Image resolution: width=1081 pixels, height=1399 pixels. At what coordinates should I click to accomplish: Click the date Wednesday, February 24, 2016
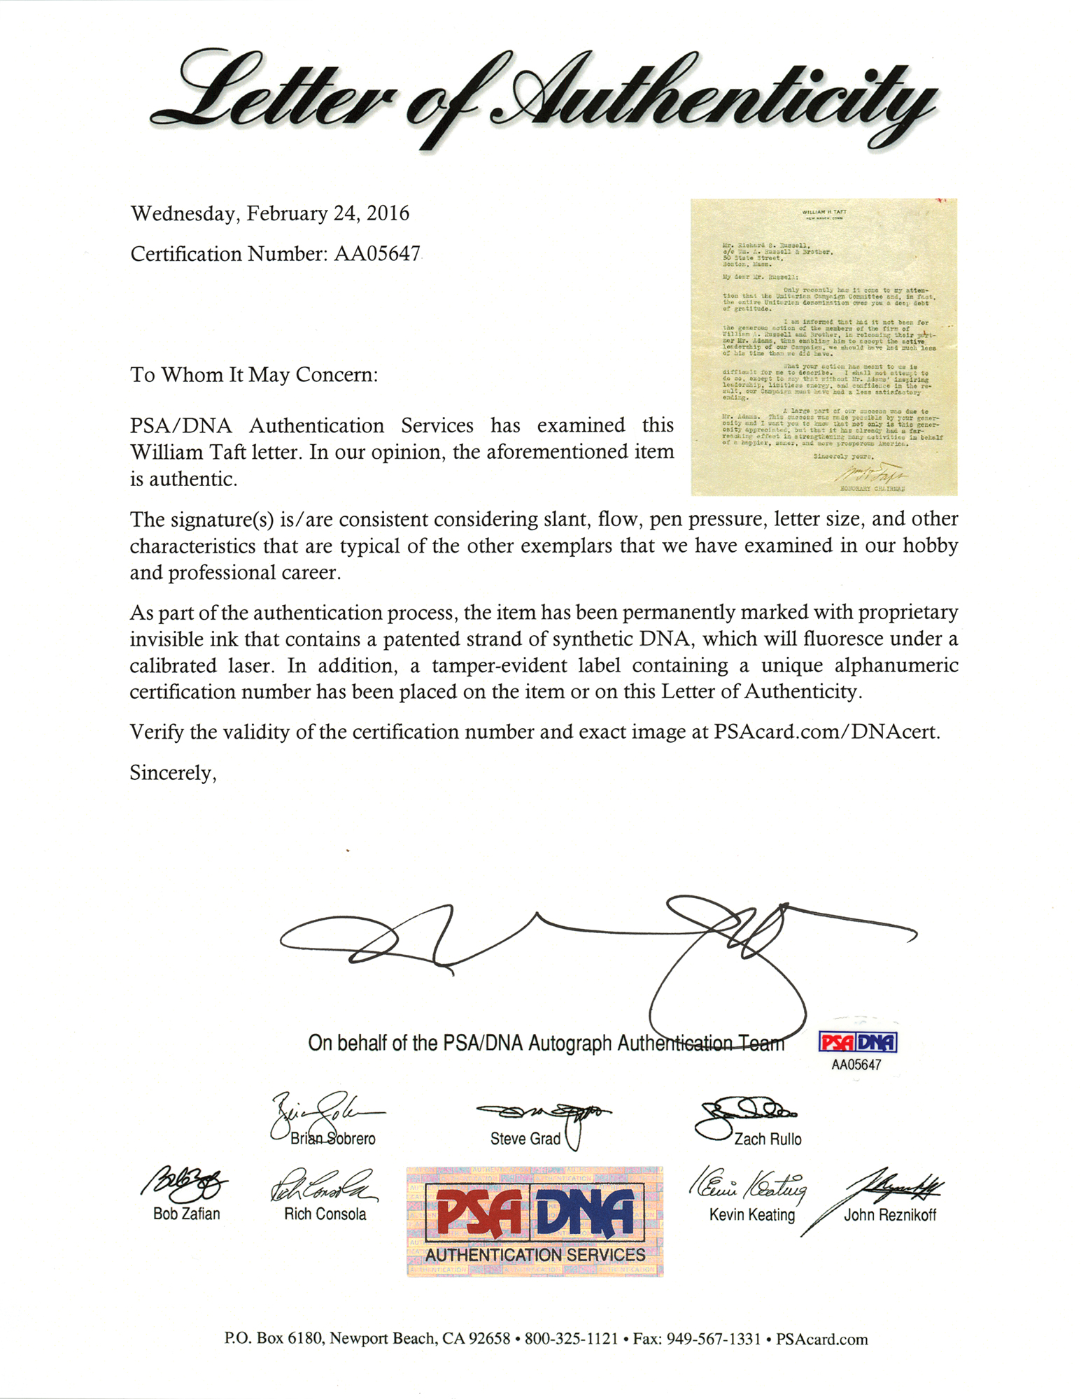(270, 213)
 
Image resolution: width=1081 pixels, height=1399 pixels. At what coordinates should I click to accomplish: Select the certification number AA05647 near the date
(376, 253)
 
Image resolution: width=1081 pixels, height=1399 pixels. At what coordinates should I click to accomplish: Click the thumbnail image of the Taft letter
(824, 347)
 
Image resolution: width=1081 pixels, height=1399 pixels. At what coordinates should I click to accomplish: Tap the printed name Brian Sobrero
(333, 1139)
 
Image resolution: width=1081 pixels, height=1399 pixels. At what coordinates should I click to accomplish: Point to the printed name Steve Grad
(525, 1139)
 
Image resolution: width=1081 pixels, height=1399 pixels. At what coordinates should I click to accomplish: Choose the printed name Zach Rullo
(768, 1139)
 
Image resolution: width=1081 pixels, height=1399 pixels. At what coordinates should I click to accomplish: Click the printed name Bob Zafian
(186, 1214)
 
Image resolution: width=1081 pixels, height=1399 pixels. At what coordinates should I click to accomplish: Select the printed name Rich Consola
(325, 1214)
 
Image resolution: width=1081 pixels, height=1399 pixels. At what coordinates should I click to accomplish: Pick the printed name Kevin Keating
(752, 1214)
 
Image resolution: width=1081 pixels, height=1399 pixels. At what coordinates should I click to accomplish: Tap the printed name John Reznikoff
(889, 1214)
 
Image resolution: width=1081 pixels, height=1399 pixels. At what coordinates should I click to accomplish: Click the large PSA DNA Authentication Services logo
(535, 1221)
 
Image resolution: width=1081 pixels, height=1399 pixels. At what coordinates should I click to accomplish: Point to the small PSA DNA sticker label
(857, 1043)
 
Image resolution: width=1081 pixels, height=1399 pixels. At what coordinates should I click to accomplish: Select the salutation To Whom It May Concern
(254, 375)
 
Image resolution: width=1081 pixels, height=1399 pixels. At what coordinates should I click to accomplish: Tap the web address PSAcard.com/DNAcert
(826, 732)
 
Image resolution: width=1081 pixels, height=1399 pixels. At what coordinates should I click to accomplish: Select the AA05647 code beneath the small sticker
(856, 1065)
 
